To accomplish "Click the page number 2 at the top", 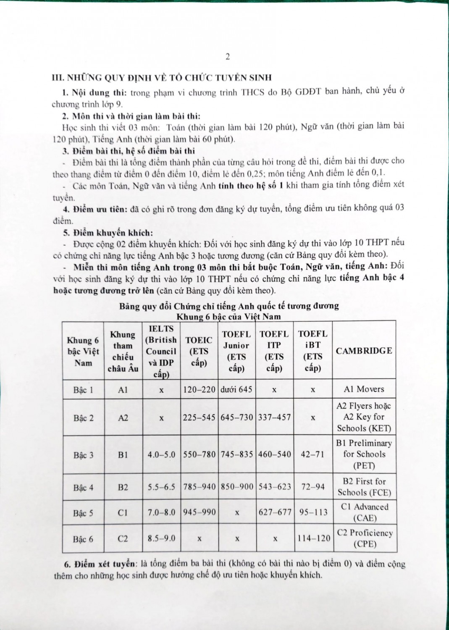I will coord(228,58).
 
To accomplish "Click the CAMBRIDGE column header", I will coord(364,351).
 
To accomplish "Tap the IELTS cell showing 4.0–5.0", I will coord(161,455).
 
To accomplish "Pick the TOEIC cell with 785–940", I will coord(200,487).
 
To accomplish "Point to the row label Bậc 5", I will coord(83,513).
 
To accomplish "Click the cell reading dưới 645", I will coord(236,389).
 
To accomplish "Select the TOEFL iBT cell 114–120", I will coord(313,538).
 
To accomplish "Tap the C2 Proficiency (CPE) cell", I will coord(365,538).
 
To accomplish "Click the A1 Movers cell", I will coord(364,389).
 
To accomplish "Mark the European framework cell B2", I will coord(123,488).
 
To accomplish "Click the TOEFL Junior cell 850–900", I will coord(237,487).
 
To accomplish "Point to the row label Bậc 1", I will coord(83,390).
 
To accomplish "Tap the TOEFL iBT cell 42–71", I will coord(313,454).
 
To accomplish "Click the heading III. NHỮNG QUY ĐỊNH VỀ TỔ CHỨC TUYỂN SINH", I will coord(161,78).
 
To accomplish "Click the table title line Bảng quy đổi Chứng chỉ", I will coord(229,306).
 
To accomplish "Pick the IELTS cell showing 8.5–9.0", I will coord(161,538).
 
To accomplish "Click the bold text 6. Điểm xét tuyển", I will coord(95,564).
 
